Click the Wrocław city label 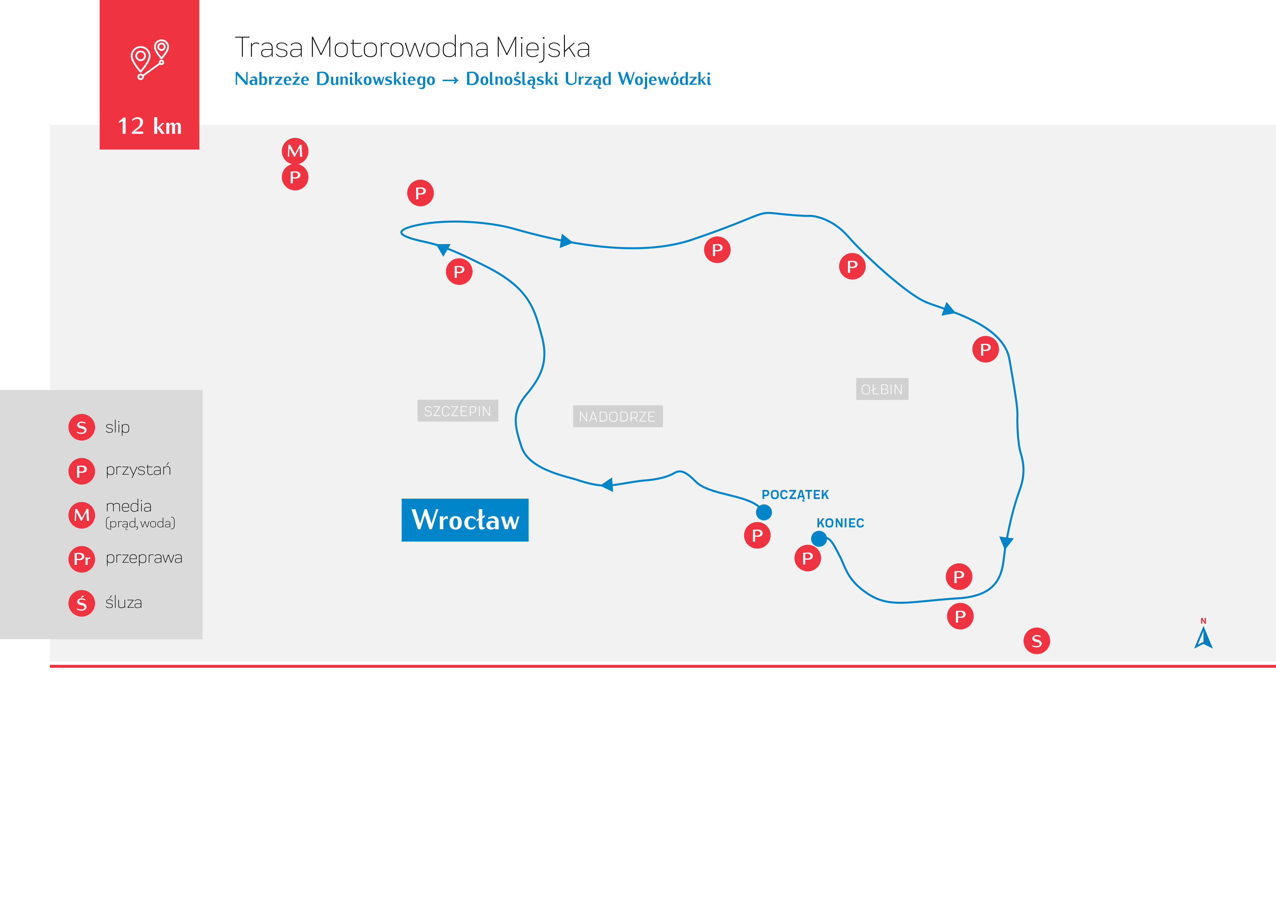point(465,520)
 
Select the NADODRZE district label point(617,416)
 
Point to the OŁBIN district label point(882,389)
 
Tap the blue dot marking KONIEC point(819,539)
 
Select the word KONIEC point(840,523)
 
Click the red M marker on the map point(295,151)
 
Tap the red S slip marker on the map point(1036,641)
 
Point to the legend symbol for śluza point(82,603)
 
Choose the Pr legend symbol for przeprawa point(82,559)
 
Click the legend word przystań point(138,470)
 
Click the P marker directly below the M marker point(295,177)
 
